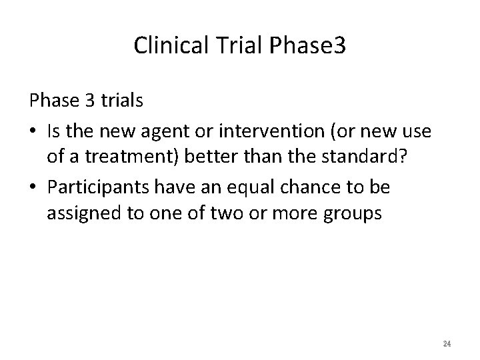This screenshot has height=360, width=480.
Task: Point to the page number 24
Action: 447,343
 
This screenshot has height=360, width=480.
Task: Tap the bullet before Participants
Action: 33,187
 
